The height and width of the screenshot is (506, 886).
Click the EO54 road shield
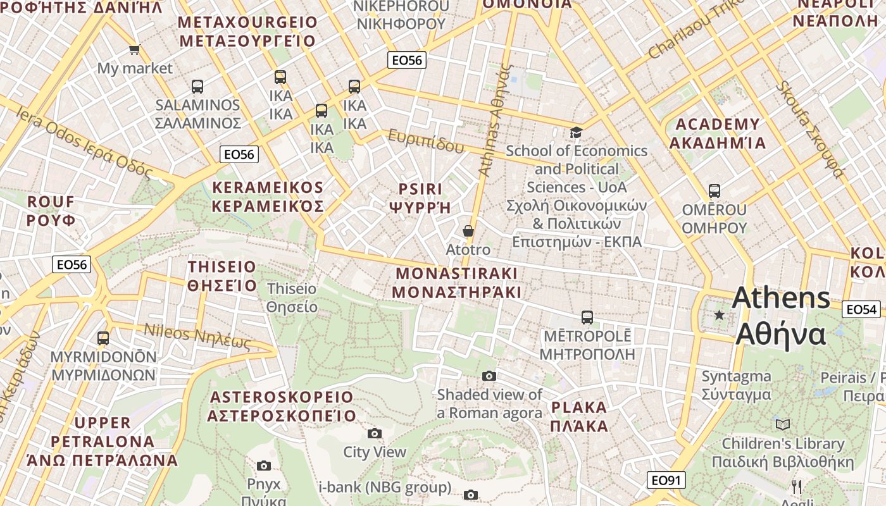coord(861,309)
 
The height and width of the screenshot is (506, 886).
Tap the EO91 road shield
coord(666,481)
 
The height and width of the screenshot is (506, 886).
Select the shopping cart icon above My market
coord(134,49)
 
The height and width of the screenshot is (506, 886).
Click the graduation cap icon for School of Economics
coord(576,132)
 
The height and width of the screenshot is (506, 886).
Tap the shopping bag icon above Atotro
coord(468,231)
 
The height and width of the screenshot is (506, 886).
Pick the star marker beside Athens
coord(719,314)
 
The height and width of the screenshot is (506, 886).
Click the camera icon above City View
coord(375,433)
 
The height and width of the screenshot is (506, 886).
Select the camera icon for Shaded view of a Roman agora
coord(489,376)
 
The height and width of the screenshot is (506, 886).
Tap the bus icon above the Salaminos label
coord(197,86)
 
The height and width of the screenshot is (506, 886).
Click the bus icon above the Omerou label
coord(714,190)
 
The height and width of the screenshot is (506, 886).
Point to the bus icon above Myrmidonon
coord(103,338)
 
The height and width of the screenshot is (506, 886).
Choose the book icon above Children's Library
coord(783,424)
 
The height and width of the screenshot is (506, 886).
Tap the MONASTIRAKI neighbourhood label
coord(456,283)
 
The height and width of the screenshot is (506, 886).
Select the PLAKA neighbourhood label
coord(579,416)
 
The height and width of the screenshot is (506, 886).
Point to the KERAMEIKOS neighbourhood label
coord(268,197)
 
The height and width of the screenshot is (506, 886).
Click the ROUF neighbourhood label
coord(51,211)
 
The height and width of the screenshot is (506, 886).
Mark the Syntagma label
coord(736,385)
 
